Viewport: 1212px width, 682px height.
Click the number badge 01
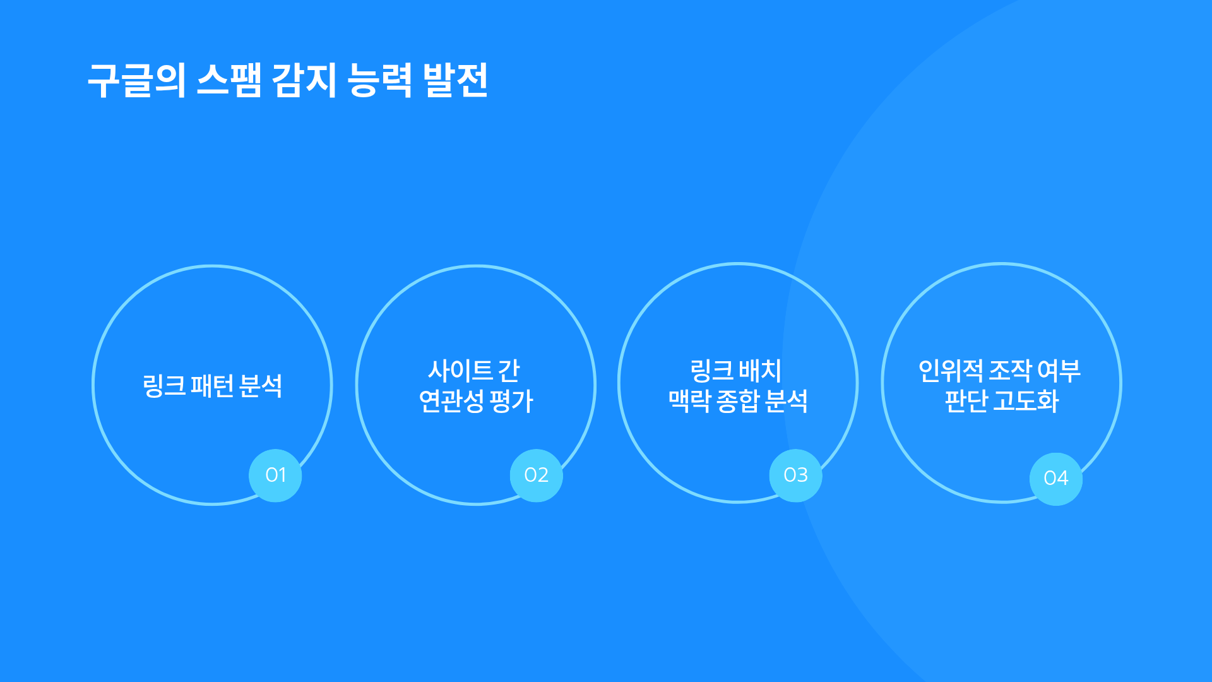click(x=275, y=476)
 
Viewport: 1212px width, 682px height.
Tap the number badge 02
click(x=537, y=476)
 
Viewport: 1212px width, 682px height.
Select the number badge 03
click(x=796, y=476)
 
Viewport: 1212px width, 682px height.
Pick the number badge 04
click(x=1056, y=479)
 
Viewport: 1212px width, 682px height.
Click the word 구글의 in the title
click(x=137, y=80)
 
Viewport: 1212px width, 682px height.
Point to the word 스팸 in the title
click(x=229, y=80)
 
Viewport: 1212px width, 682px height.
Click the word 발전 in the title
click(x=456, y=80)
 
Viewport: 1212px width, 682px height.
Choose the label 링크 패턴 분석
click(x=213, y=386)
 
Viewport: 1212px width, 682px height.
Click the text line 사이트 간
click(x=474, y=371)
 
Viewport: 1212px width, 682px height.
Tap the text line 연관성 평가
click(x=477, y=401)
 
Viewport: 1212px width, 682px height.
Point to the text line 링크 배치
click(x=736, y=371)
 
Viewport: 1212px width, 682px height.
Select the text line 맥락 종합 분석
click(x=739, y=401)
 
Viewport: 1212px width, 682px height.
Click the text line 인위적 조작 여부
click(x=1000, y=371)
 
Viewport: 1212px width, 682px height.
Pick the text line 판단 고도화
click(x=1002, y=401)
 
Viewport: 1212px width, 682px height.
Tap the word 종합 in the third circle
click(x=739, y=401)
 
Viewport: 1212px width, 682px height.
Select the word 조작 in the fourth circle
click(x=1011, y=371)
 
